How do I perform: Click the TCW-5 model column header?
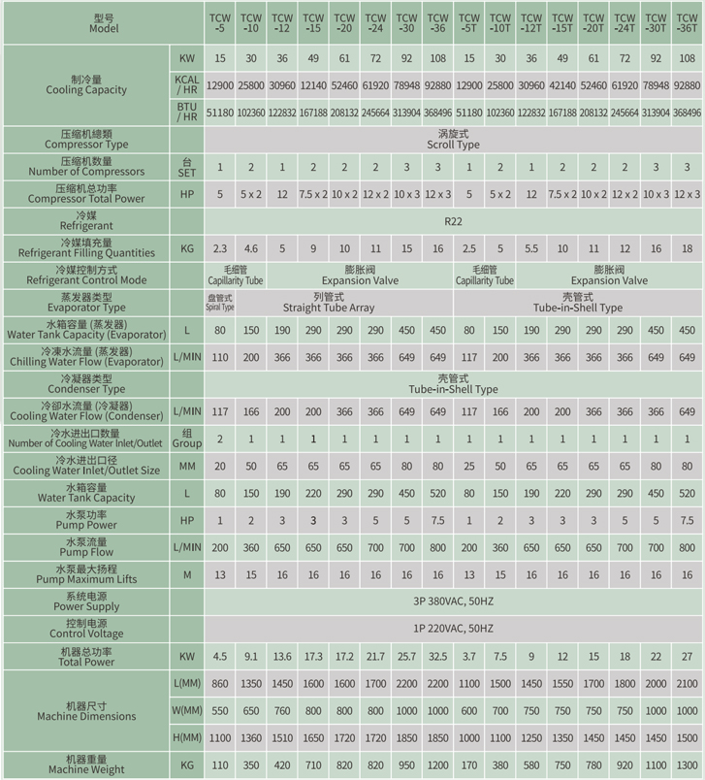pyautogui.click(x=220, y=22)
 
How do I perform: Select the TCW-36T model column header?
pyautogui.click(x=688, y=22)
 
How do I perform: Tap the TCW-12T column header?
pyautogui.click(x=531, y=22)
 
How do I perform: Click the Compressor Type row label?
pyautogui.click(x=87, y=139)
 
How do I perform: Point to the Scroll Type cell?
pyautogui.click(x=454, y=139)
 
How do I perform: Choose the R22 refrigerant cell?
pyautogui.click(x=454, y=221)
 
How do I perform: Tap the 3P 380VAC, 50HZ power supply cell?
pyautogui.click(x=454, y=602)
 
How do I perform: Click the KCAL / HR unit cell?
pyautogui.click(x=187, y=84)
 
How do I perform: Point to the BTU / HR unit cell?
pyautogui.click(x=187, y=112)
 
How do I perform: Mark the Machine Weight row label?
pyautogui.click(x=87, y=764)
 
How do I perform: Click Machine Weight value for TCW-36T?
pyautogui.click(x=688, y=764)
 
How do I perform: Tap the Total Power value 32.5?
pyautogui.click(x=437, y=656)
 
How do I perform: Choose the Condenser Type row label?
pyautogui.click(x=87, y=383)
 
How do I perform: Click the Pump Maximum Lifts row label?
pyautogui.click(x=87, y=574)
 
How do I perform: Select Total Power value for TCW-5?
pyautogui.click(x=220, y=656)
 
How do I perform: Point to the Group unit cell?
pyautogui.click(x=187, y=439)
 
